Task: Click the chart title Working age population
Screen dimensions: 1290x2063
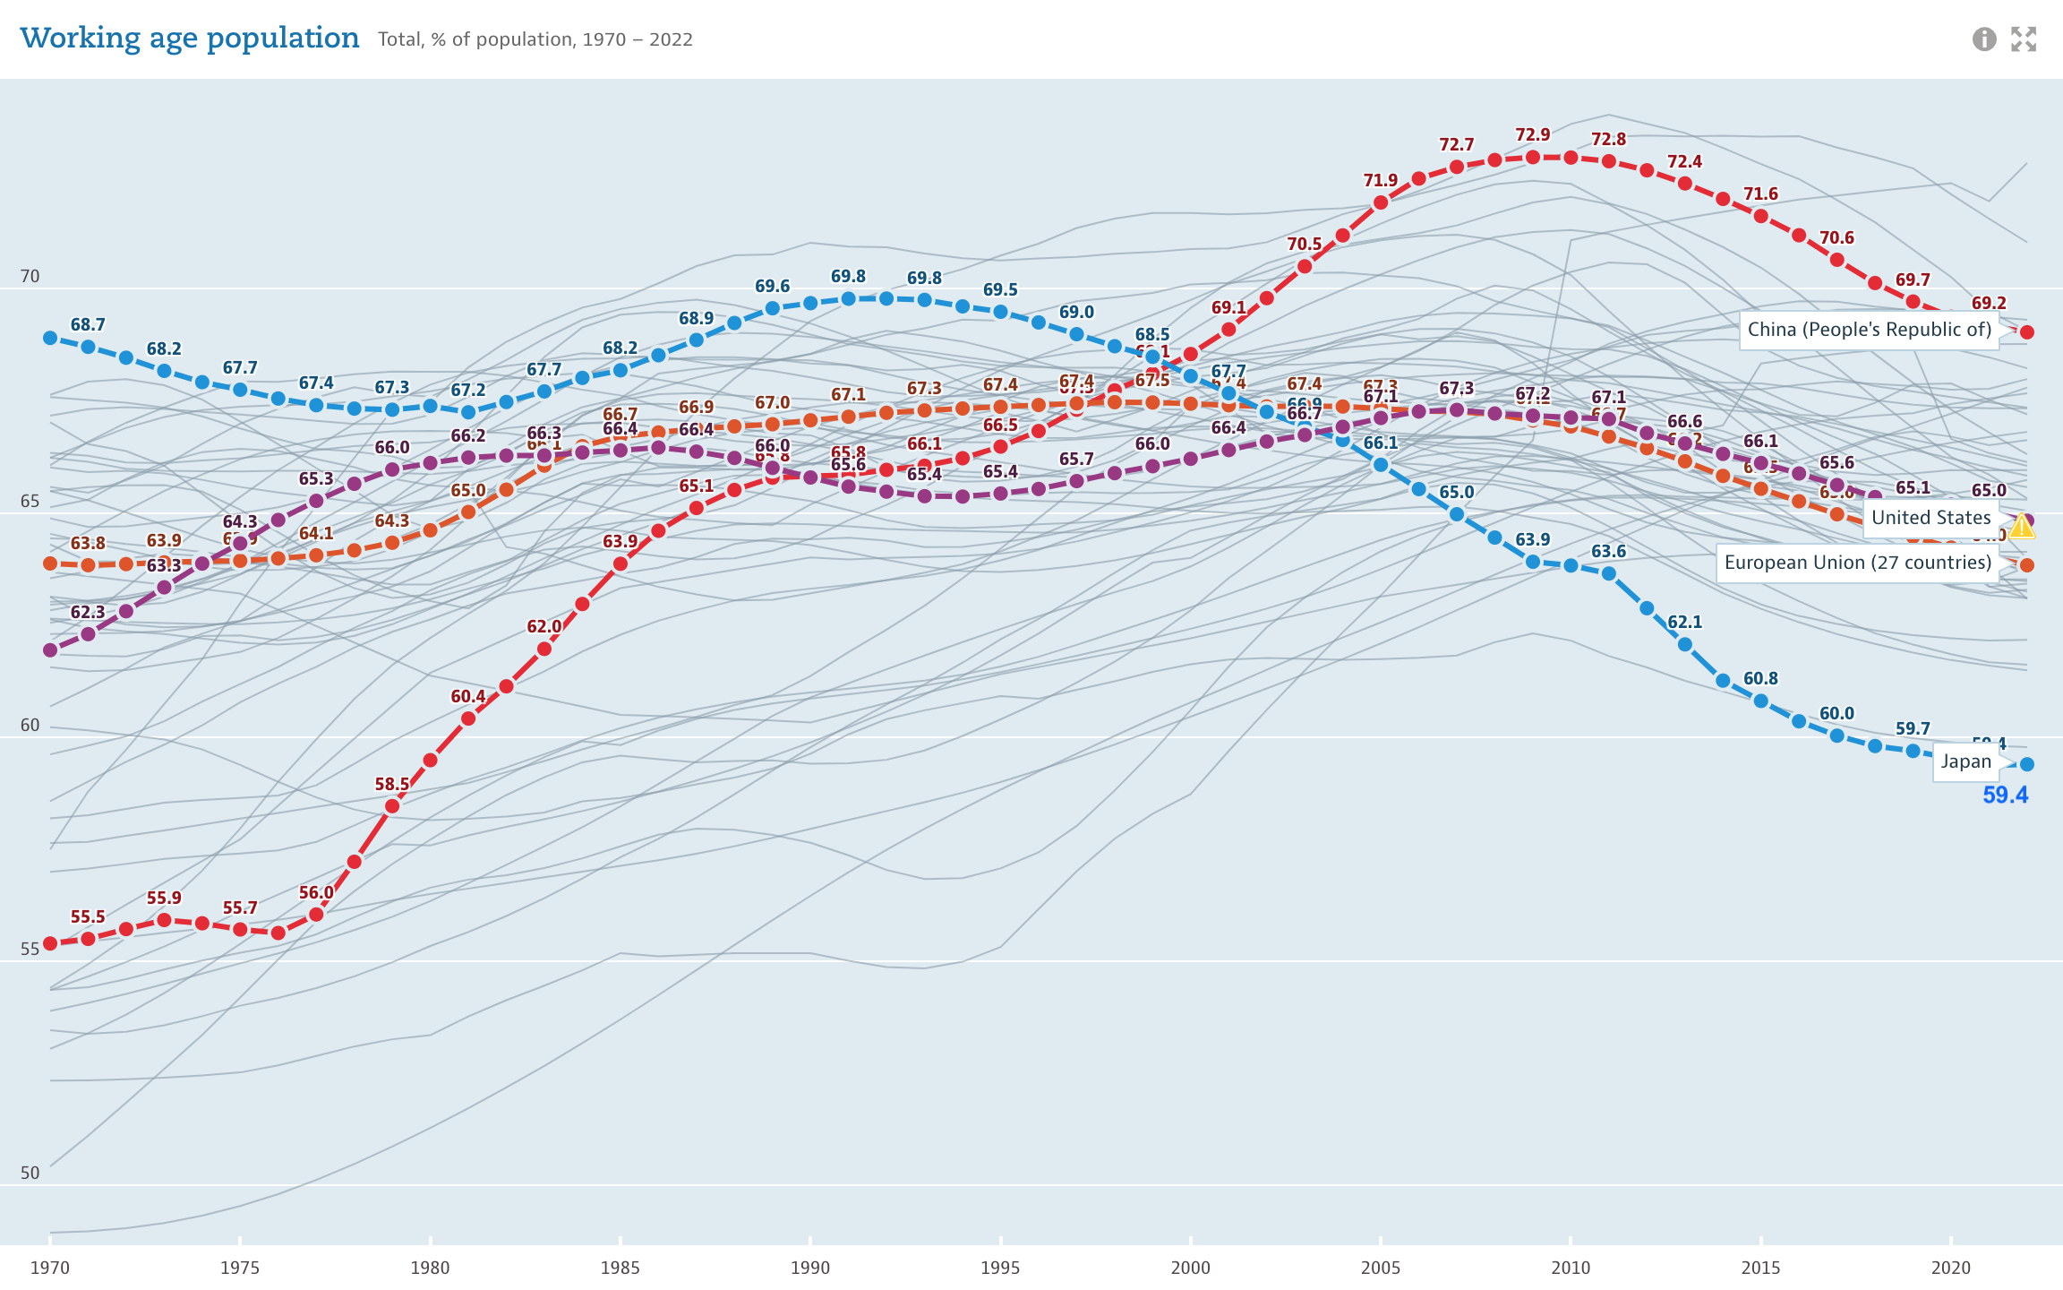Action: click(189, 39)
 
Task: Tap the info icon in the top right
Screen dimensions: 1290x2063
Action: click(1984, 39)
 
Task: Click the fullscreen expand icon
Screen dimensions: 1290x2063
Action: click(2024, 39)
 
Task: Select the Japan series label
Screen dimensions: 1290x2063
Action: click(1965, 762)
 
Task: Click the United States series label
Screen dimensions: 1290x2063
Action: click(1930, 518)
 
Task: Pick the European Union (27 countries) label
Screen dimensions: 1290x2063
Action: click(1857, 563)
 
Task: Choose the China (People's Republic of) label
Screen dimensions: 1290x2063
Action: click(1869, 330)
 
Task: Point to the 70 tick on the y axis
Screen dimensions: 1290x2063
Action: click(30, 277)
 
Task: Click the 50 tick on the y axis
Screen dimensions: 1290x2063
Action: click(30, 1174)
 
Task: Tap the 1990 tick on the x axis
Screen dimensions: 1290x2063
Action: click(809, 1268)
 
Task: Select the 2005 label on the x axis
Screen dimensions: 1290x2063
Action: click(1380, 1268)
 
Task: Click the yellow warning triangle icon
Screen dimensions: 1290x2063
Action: click(2022, 527)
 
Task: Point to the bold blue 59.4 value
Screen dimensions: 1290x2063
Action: click(2005, 795)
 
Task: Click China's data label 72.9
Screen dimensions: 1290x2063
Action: click(1532, 135)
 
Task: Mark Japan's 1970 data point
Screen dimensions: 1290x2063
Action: click(50, 338)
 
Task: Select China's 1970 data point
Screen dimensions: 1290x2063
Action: click(50, 943)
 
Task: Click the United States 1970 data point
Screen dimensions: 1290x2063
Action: click(50, 649)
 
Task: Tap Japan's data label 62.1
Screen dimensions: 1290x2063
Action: click(1684, 623)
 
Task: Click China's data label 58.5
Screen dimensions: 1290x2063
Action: click(391, 785)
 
